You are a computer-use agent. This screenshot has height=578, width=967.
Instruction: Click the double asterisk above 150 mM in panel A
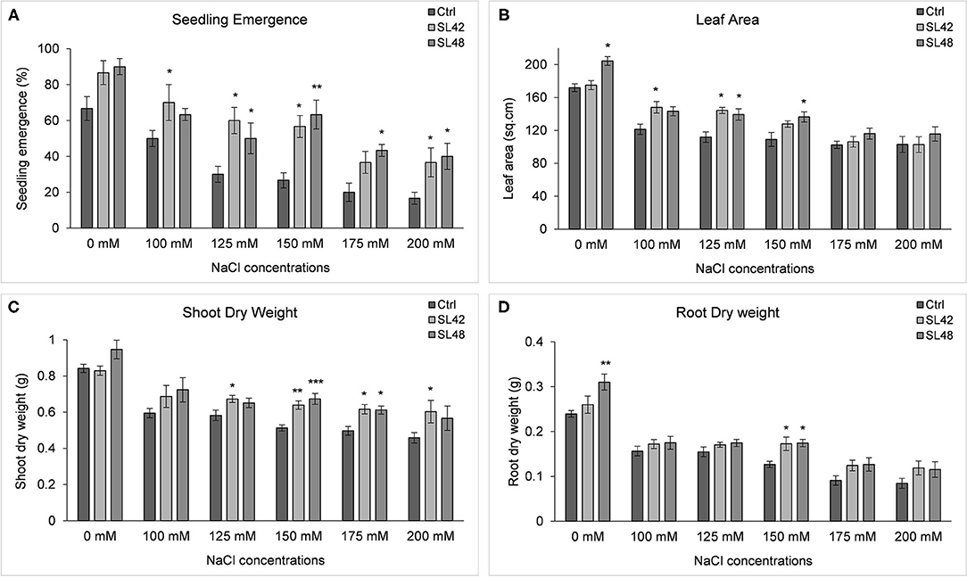click(x=318, y=87)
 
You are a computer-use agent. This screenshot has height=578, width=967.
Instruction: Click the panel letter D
click(x=500, y=308)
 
